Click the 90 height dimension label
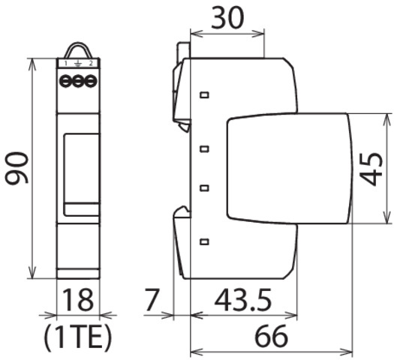click(x=17, y=168)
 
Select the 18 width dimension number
click(x=78, y=300)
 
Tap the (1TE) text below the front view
click(x=77, y=338)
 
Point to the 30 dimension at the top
click(x=227, y=17)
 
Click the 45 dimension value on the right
click(x=371, y=169)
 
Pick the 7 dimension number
click(x=152, y=300)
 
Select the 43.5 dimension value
click(x=243, y=300)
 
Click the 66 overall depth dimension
click(x=272, y=336)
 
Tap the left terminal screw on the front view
click(x=65, y=81)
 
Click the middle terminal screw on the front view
click(x=78, y=81)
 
